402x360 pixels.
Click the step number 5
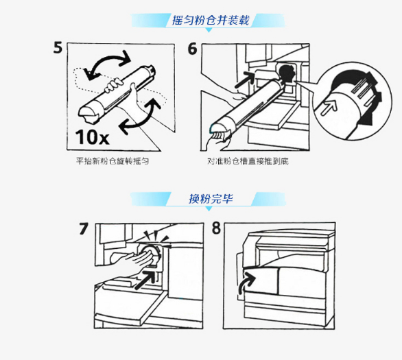click(58, 48)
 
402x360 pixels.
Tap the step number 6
click(193, 49)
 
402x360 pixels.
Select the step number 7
click(84, 228)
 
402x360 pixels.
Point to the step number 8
click(216, 228)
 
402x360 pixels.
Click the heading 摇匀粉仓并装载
click(211, 21)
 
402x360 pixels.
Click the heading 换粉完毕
click(211, 199)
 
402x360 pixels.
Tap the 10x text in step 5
click(93, 137)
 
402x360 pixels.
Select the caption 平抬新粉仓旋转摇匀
click(113, 161)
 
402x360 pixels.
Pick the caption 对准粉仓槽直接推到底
click(248, 161)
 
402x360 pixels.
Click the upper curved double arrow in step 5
click(108, 58)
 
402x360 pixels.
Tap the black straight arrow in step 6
click(244, 80)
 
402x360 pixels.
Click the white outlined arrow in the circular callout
click(329, 106)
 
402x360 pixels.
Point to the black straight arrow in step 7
click(145, 280)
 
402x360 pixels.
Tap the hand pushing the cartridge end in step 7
click(136, 259)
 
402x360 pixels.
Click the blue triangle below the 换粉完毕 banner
click(209, 209)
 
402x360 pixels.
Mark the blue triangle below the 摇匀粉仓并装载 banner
click(209, 30)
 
